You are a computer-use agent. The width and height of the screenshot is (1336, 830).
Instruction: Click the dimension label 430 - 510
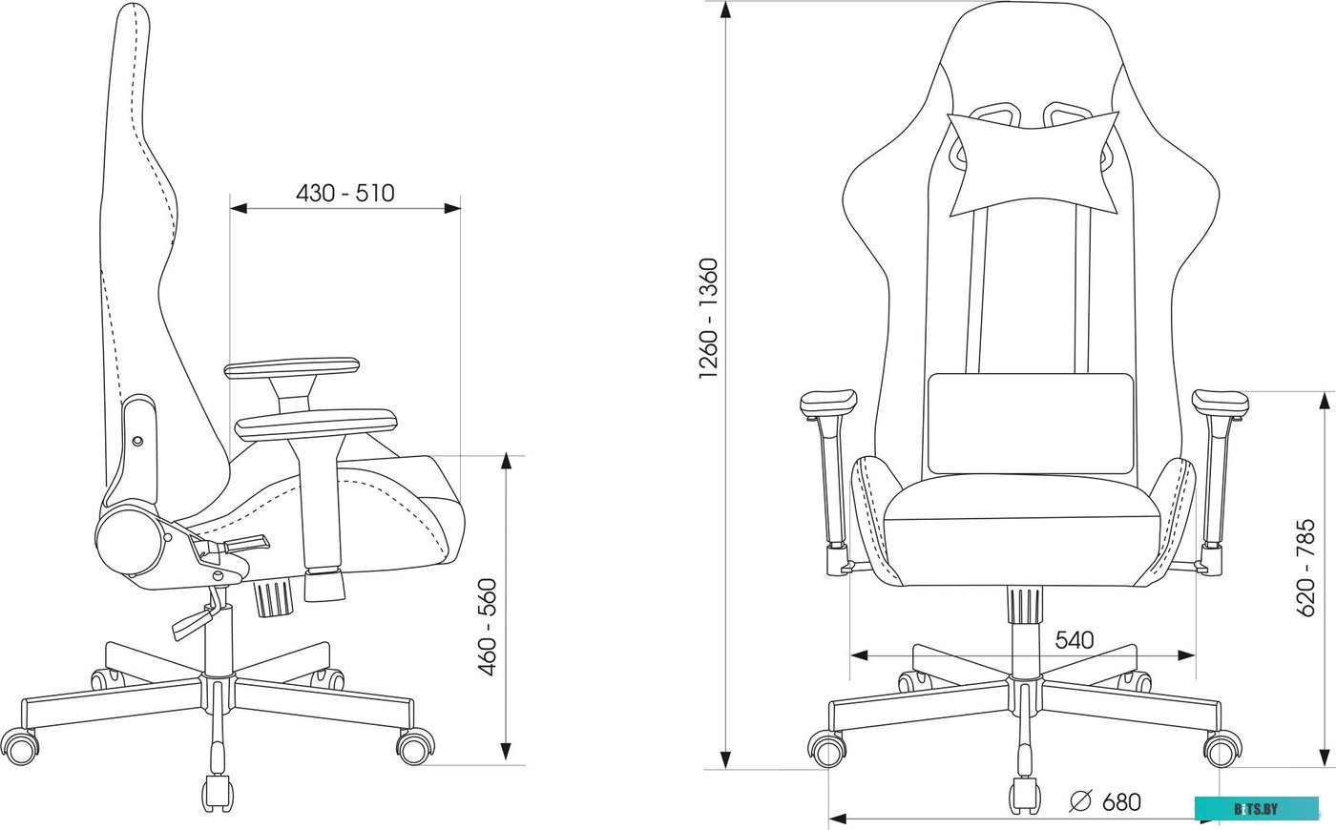[x=345, y=193]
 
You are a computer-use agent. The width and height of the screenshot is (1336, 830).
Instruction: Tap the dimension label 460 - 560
[x=488, y=628]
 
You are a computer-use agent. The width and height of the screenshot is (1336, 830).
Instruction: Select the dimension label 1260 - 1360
[x=708, y=319]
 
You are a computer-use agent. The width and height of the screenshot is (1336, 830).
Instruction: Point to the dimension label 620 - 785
[x=1305, y=568]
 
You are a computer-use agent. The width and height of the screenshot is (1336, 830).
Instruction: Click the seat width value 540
[x=1075, y=640]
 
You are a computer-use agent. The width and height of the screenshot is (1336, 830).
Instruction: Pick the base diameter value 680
[x=1122, y=802]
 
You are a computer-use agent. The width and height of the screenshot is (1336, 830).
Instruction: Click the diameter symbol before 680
[x=1080, y=801]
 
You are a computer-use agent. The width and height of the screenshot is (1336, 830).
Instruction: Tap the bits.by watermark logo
[x=1256, y=809]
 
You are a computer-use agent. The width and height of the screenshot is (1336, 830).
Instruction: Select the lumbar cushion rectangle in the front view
[x=1031, y=424]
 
